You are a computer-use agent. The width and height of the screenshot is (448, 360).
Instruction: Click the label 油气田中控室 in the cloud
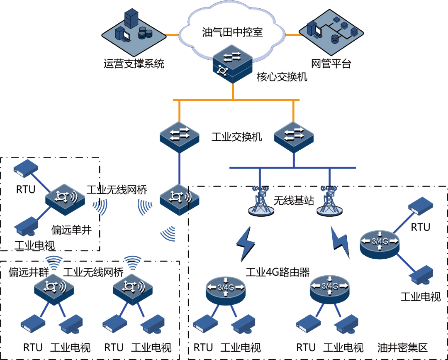point(233,32)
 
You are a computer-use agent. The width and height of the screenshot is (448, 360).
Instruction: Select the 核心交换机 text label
point(282,77)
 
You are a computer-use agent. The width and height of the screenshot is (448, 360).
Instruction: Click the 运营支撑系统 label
point(134,64)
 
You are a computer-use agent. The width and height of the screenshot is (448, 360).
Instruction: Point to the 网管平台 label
point(331,64)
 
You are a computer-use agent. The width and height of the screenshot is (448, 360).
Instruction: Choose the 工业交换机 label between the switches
point(237,137)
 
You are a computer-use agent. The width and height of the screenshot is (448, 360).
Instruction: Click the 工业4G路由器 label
point(278,273)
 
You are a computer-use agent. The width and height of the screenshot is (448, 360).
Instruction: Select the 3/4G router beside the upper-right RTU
point(380,243)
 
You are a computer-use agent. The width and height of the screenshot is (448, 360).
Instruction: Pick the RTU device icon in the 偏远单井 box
point(26,166)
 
